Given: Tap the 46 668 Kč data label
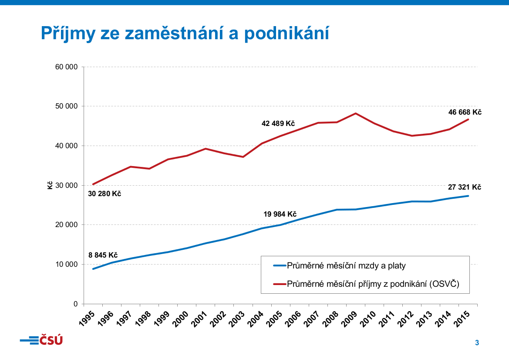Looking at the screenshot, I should (465, 112).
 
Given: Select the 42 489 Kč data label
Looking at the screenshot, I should (278, 124).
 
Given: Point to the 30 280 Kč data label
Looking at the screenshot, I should (104, 194).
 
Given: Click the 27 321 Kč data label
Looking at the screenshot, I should (465, 187).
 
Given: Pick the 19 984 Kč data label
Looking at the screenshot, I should (280, 214).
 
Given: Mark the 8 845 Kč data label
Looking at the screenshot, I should (103, 255).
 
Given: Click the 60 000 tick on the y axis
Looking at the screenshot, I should (67, 67).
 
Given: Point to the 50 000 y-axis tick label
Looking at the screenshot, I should (67, 106).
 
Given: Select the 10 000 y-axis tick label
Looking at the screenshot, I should (67, 265).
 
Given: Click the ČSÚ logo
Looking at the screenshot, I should (41, 340).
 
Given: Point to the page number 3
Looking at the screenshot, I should (477, 343).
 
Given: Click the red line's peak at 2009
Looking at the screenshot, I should (356, 113).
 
